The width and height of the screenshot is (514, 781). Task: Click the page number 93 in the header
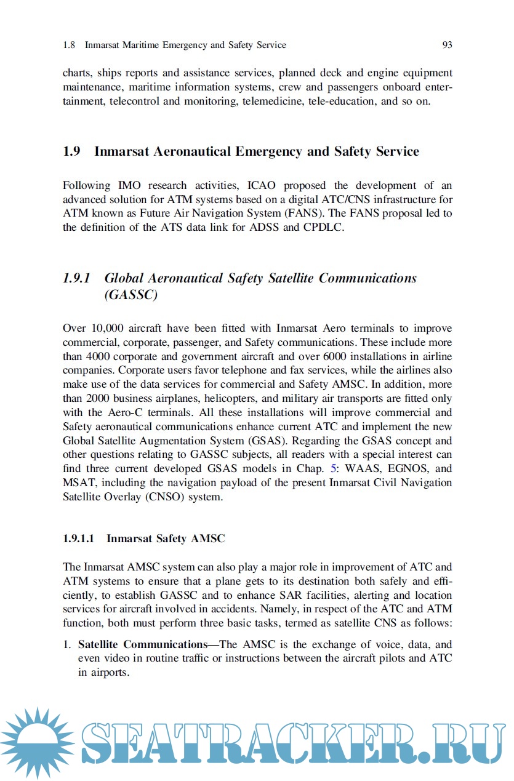447,45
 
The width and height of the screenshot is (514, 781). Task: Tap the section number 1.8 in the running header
69,45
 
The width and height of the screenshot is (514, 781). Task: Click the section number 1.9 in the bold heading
71,151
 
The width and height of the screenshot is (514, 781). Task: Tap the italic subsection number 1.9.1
76,278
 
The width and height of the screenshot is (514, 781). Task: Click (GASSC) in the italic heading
131,295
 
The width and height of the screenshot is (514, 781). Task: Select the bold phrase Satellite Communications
142,645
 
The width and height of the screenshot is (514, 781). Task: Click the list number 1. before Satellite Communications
67,645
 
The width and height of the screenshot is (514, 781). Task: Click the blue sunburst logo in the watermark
38,743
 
